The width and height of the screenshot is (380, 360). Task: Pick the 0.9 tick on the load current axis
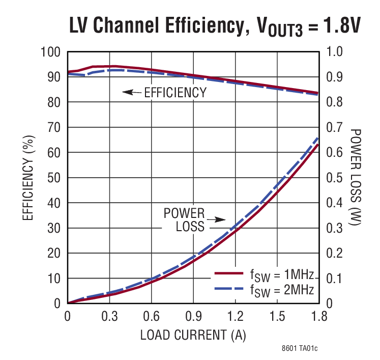(193, 317)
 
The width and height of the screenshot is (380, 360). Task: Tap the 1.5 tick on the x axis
(277, 317)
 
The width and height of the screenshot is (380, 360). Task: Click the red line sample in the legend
(228, 274)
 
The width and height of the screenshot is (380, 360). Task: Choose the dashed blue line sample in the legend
(228, 289)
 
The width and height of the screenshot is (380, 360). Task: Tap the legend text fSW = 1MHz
(281, 276)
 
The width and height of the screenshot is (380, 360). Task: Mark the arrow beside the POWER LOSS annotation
(219, 220)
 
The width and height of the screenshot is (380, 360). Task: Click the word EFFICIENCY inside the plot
(176, 93)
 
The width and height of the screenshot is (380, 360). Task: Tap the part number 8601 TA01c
(300, 349)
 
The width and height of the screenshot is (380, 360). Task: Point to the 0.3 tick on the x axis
(109, 317)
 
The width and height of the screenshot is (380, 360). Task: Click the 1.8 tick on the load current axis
(318, 317)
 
